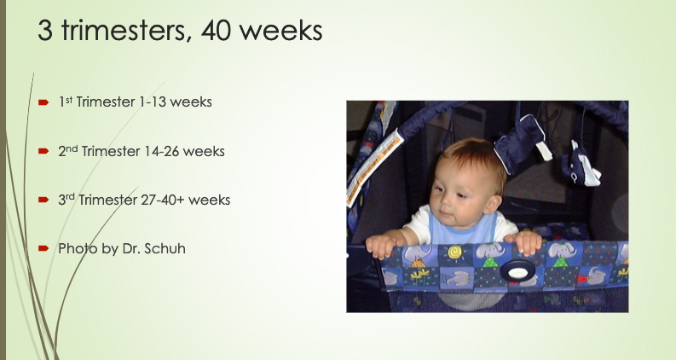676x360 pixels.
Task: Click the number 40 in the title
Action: tap(216, 31)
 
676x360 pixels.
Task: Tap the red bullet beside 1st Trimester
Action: tap(43, 102)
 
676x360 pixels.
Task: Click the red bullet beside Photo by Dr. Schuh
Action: tap(43, 248)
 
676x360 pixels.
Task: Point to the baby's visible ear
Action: tap(492, 204)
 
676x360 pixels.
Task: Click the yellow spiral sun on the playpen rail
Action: tap(454, 252)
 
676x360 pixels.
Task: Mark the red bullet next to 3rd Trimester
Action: tap(43, 200)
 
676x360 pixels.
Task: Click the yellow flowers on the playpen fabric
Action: tap(420, 276)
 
